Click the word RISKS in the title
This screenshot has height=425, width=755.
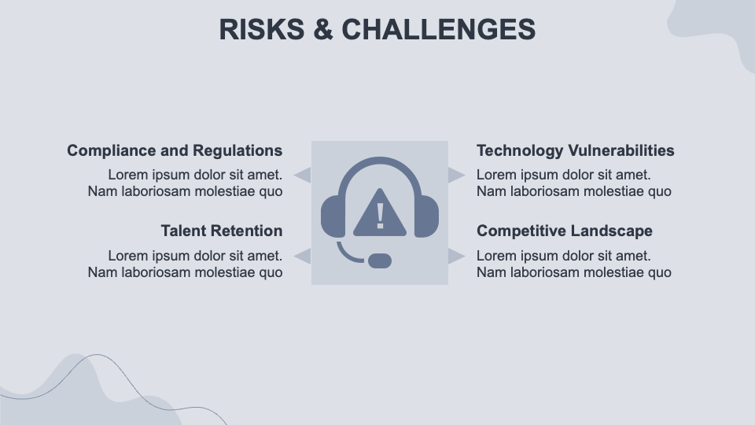(261, 29)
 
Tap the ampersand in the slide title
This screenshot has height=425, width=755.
(323, 29)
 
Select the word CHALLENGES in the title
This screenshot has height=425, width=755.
(439, 29)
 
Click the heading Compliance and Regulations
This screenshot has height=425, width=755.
(175, 150)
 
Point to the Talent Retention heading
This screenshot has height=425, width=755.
(222, 231)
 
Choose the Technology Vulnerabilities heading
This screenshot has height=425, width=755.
(576, 150)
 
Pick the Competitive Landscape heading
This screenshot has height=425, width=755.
(565, 231)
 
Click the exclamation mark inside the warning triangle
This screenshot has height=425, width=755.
(380, 216)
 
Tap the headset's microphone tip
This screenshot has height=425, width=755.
(380, 261)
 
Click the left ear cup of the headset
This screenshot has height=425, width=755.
(333, 216)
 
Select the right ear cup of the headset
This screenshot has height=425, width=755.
(426, 216)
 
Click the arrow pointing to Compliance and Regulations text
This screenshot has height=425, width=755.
(302, 175)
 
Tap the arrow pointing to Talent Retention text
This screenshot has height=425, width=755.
(302, 256)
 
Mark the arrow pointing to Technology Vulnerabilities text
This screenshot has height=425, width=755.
(457, 175)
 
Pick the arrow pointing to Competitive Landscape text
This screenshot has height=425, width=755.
(457, 256)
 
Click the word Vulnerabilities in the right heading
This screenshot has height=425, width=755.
(621, 150)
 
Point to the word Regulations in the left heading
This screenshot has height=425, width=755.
(238, 150)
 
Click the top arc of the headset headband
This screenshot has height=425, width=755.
(380, 161)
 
